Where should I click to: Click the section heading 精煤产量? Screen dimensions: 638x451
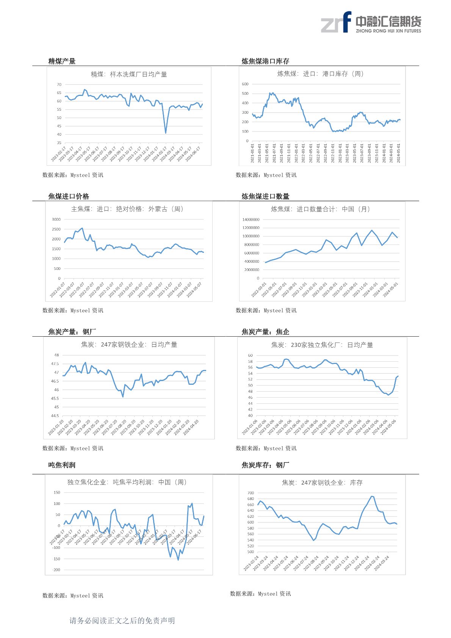[x=62, y=61]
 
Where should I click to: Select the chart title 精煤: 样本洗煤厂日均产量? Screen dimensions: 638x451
[x=129, y=74]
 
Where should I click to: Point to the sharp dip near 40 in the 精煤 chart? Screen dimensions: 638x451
[x=166, y=133]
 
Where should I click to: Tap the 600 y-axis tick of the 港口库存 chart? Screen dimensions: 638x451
[x=245, y=84]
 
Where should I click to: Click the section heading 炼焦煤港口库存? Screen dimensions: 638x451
[x=265, y=61]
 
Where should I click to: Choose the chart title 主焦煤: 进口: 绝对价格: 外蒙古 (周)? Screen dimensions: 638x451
[x=127, y=209]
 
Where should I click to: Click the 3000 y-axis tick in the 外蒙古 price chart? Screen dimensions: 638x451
[x=56, y=219]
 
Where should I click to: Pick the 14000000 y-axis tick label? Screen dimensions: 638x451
[x=251, y=219]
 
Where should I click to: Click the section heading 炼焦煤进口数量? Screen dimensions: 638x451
[x=265, y=196]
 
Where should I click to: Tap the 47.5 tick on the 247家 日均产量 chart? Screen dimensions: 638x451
[x=55, y=364]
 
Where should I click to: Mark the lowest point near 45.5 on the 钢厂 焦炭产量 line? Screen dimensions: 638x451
[x=123, y=397]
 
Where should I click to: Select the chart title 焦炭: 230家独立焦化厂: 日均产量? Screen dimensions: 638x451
[x=322, y=345]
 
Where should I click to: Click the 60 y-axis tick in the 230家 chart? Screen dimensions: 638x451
[x=250, y=356]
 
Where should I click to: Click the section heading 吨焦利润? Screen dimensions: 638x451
[x=62, y=465]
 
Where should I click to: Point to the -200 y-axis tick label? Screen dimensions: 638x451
[x=56, y=570]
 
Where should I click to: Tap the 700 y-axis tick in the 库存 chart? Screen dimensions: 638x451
[x=251, y=493]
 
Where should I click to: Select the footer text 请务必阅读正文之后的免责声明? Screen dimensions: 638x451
[x=122, y=621]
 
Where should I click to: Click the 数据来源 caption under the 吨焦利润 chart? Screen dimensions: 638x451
[x=73, y=596]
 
